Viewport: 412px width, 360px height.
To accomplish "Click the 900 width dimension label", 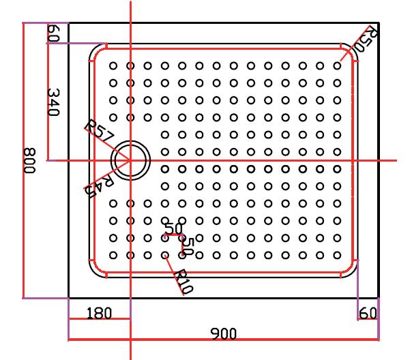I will (223, 333).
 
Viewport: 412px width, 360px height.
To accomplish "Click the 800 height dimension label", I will (30, 160).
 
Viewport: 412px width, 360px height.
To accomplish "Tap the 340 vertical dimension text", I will (55, 102).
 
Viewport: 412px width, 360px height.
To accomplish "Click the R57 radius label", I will (99, 132).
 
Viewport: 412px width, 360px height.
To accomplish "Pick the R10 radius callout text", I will (183, 281).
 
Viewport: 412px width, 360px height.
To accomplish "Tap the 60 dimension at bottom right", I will (367, 313).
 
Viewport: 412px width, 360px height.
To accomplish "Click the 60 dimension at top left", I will (55, 33).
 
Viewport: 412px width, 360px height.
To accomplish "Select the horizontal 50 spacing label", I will (173, 228).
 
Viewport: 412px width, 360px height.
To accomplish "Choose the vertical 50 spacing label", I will (189, 246).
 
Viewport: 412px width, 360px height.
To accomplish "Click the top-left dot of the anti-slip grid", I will (113, 65).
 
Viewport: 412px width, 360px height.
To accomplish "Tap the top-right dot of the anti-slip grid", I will (337, 65).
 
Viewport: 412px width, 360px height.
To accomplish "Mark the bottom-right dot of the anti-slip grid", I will (337, 255).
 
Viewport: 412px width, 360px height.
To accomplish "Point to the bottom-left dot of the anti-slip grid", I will (113, 255).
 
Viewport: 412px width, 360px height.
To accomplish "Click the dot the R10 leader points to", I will (165, 255).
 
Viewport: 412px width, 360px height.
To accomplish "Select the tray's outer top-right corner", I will (379, 23).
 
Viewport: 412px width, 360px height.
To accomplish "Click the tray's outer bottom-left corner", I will (69, 298).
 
